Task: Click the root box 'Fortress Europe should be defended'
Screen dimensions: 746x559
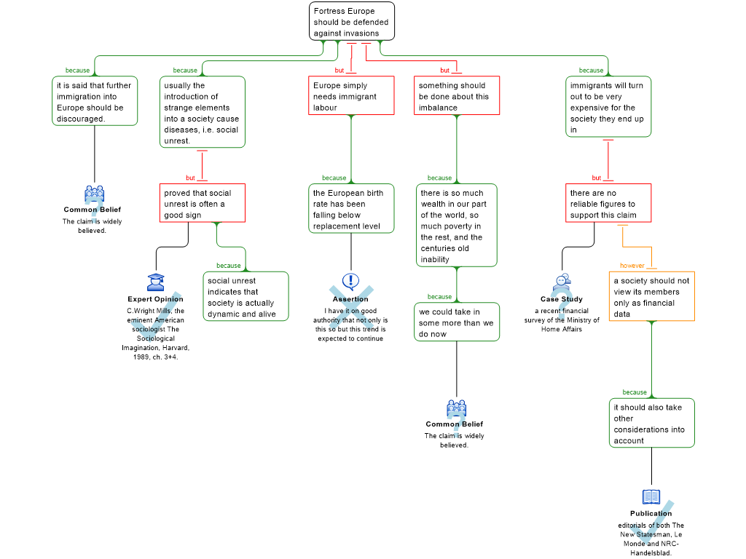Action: click(352, 21)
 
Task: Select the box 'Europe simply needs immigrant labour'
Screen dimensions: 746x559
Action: click(351, 95)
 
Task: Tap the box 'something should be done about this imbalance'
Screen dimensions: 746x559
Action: click(457, 95)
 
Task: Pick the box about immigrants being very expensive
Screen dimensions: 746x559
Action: click(608, 107)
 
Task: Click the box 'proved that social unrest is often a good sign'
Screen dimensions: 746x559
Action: click(203, 203)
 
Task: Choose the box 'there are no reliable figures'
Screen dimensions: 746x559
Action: click(608, 203)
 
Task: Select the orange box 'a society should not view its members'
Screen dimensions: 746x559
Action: click(652, 297)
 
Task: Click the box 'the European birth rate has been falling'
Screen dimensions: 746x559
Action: click(351, 209)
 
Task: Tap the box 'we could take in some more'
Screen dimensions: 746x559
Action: click(457, 322)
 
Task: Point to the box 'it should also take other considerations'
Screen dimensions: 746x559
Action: click(652, 423)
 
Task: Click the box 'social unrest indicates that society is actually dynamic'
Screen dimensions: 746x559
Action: click(246, 297)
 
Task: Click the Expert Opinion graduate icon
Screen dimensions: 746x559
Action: click(156, 282)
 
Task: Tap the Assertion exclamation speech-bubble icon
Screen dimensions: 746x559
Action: click(350, 282)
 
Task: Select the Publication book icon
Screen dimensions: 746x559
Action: click(651, 497)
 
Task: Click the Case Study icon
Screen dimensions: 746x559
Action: click(562, 282)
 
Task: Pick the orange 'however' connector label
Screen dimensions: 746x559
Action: click(632, 266)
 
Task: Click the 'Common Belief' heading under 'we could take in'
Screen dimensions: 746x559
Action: click(455, 424)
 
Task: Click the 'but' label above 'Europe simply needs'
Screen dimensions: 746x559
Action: click(339, 71)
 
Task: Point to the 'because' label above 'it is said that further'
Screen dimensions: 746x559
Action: click(77, 71)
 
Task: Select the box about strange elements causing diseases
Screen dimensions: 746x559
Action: click(203, 112)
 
